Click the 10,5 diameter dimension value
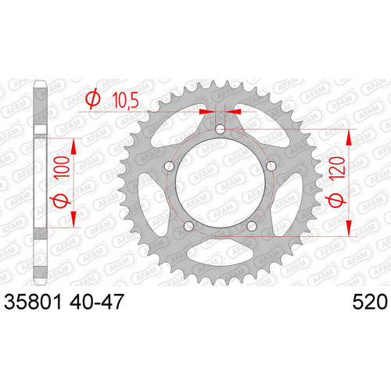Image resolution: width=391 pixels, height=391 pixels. [x=125, y=100]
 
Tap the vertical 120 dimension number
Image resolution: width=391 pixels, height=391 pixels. [x=337, y=169]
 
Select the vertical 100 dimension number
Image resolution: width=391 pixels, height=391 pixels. [x=62, y=167]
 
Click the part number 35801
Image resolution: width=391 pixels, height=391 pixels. [x=33, y=302]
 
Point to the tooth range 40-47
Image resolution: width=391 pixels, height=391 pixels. [x=96, y=302]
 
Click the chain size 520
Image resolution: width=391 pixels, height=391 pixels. [x=370, y=302]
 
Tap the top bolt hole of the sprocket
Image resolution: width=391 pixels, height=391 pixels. [x=221, y=129]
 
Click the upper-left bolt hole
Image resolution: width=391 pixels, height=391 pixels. [x=170, y=166]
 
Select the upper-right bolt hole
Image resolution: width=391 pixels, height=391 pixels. [x=271, y=166]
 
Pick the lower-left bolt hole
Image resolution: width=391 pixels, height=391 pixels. [x=189, y=226]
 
